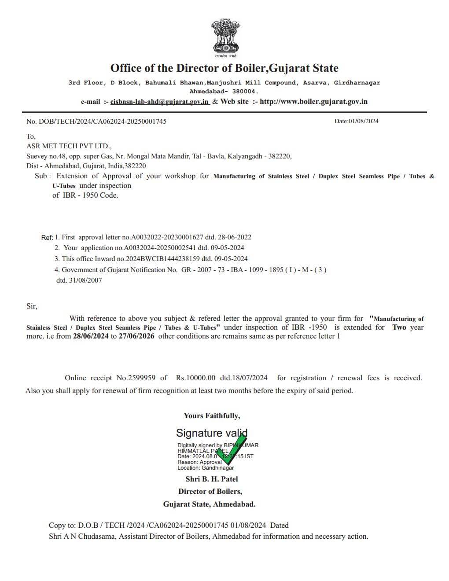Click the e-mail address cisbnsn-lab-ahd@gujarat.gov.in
[159, 102]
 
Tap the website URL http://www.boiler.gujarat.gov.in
[313, 102]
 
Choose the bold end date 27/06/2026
[136, 336]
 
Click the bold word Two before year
[399, 327]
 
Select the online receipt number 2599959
[141, 378]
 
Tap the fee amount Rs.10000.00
[195, 378]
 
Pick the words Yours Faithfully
[212, 416]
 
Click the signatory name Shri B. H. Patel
[211, 479]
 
